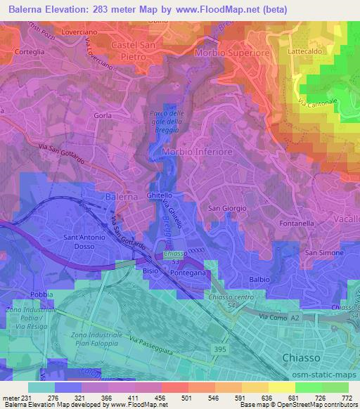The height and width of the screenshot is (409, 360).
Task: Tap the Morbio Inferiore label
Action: point(196,152)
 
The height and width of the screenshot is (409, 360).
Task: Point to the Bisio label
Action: point(150,270)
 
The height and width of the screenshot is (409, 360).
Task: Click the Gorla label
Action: point(103,114)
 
